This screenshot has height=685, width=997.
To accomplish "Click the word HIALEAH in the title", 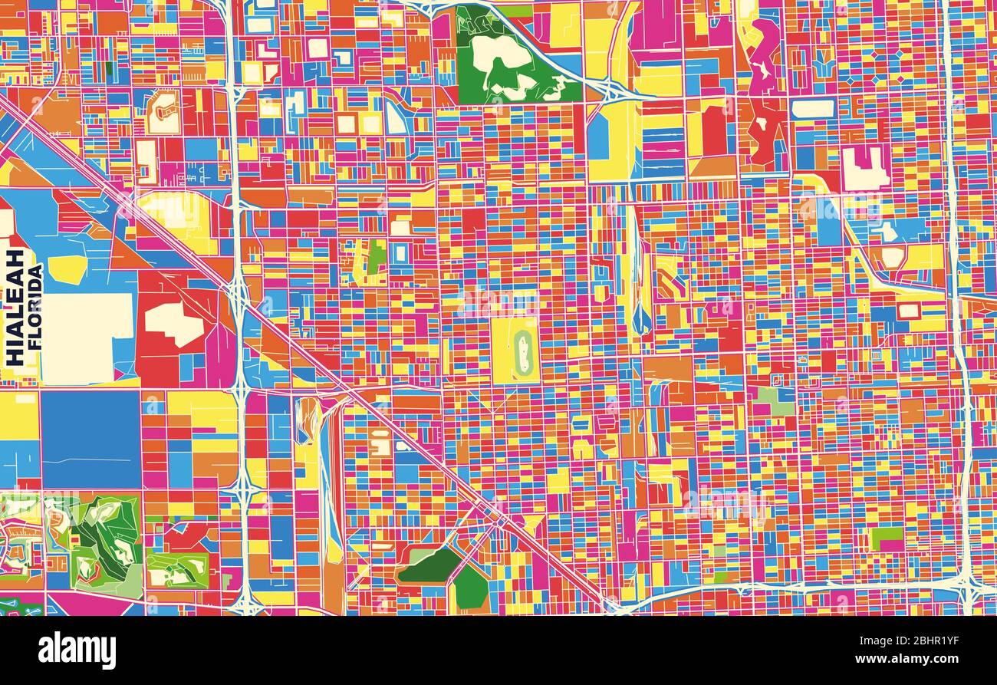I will [15, 308].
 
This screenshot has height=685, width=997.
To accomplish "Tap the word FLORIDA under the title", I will [35, 308].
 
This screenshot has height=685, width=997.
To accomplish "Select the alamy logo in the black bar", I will [77, 650].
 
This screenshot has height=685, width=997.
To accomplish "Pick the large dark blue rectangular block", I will [90, 439].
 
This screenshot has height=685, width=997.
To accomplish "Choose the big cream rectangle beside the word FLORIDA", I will [87, 338].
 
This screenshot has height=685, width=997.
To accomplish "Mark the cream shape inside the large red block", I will [175, 323].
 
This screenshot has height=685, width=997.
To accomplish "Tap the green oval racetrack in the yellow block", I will [523, 349].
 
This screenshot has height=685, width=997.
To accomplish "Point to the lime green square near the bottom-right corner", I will [886, 538].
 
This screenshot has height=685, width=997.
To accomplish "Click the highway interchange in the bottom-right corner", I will [968, 589].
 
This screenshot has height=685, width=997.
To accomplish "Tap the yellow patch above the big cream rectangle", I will [67, 269].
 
